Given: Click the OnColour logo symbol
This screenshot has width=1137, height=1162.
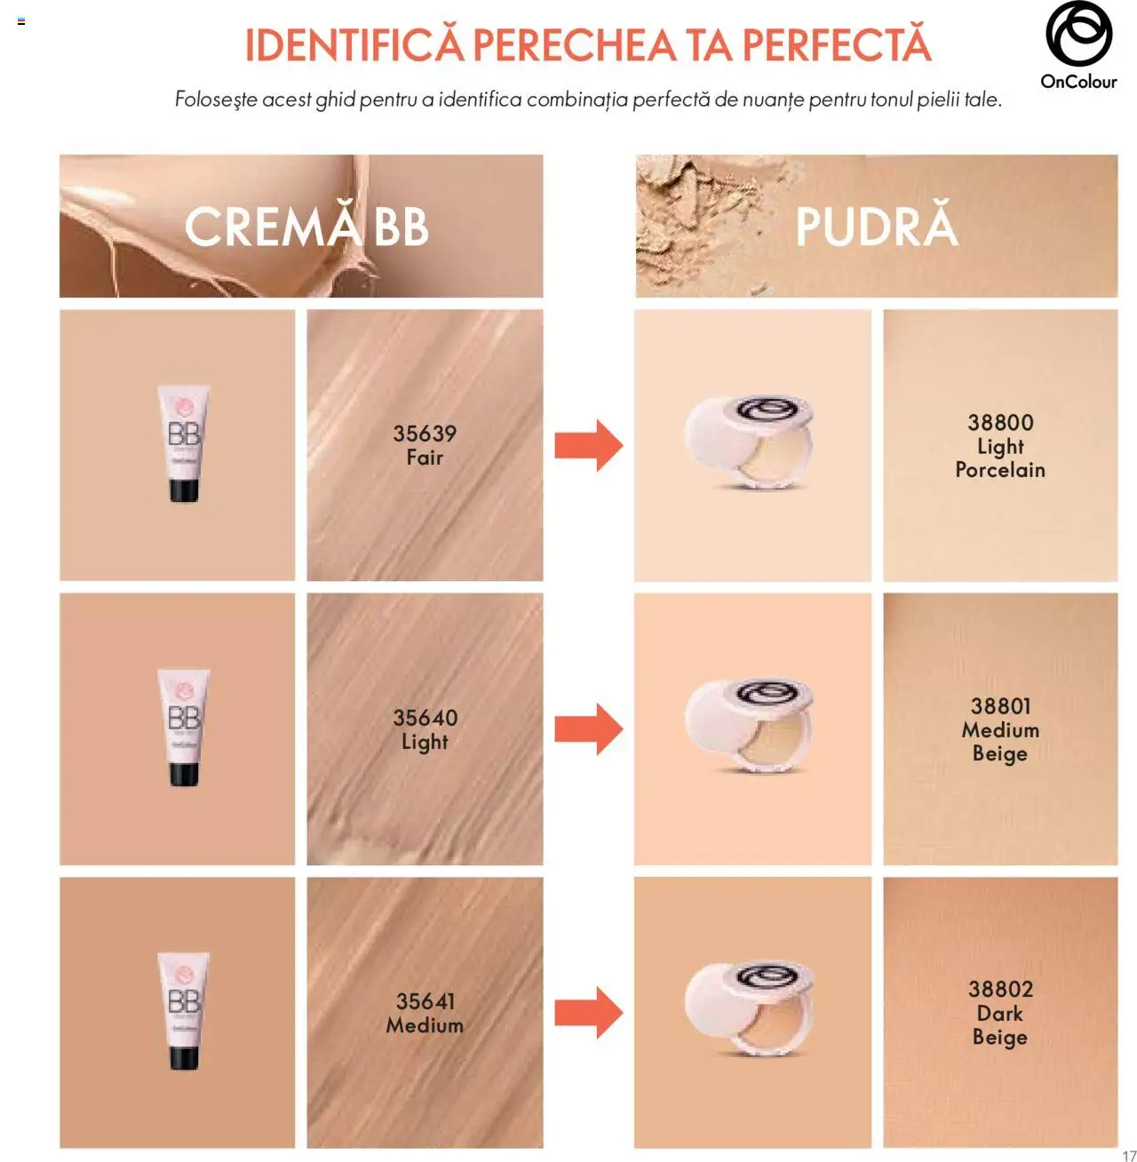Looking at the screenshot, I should (x=1078, y=35).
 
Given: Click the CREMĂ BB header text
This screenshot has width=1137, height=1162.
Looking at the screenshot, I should (x=306, y=227).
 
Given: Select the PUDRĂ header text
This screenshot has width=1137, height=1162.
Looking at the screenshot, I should (x=877, y=227).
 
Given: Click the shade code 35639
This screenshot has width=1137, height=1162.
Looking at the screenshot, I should (x=425, y=434).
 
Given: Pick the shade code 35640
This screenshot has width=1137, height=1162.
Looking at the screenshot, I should (x=425, y=718).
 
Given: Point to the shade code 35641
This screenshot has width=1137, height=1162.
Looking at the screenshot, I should (x=425, y=1001).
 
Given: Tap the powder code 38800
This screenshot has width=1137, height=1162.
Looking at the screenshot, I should (x=1000, y=422).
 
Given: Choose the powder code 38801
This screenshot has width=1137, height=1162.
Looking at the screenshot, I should (x=1000, y=706).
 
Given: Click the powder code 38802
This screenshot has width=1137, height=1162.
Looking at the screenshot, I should (x=1000, y=990).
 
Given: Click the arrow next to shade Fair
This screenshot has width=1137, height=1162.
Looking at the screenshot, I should (x=588, y=445).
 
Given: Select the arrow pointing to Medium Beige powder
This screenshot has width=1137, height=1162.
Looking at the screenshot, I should (x=588, y=729).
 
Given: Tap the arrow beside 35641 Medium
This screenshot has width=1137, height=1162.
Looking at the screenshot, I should (x=588, y=1013).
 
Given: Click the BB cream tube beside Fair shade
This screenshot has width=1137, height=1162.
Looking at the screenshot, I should (x=184, y=443).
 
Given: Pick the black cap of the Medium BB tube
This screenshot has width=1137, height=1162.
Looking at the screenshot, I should (x=184, y=1057).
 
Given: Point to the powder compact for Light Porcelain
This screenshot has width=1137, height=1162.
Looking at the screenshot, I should (x=749, y=443).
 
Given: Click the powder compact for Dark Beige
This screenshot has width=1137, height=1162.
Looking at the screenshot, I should (x=749, y=1010).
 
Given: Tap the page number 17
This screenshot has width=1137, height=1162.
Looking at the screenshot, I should (x=1129, y=1156).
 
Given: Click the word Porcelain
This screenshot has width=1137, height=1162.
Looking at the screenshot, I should (x=1000, y=470).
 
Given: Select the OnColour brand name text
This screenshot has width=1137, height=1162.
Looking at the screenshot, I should (x=1078, y=82).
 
